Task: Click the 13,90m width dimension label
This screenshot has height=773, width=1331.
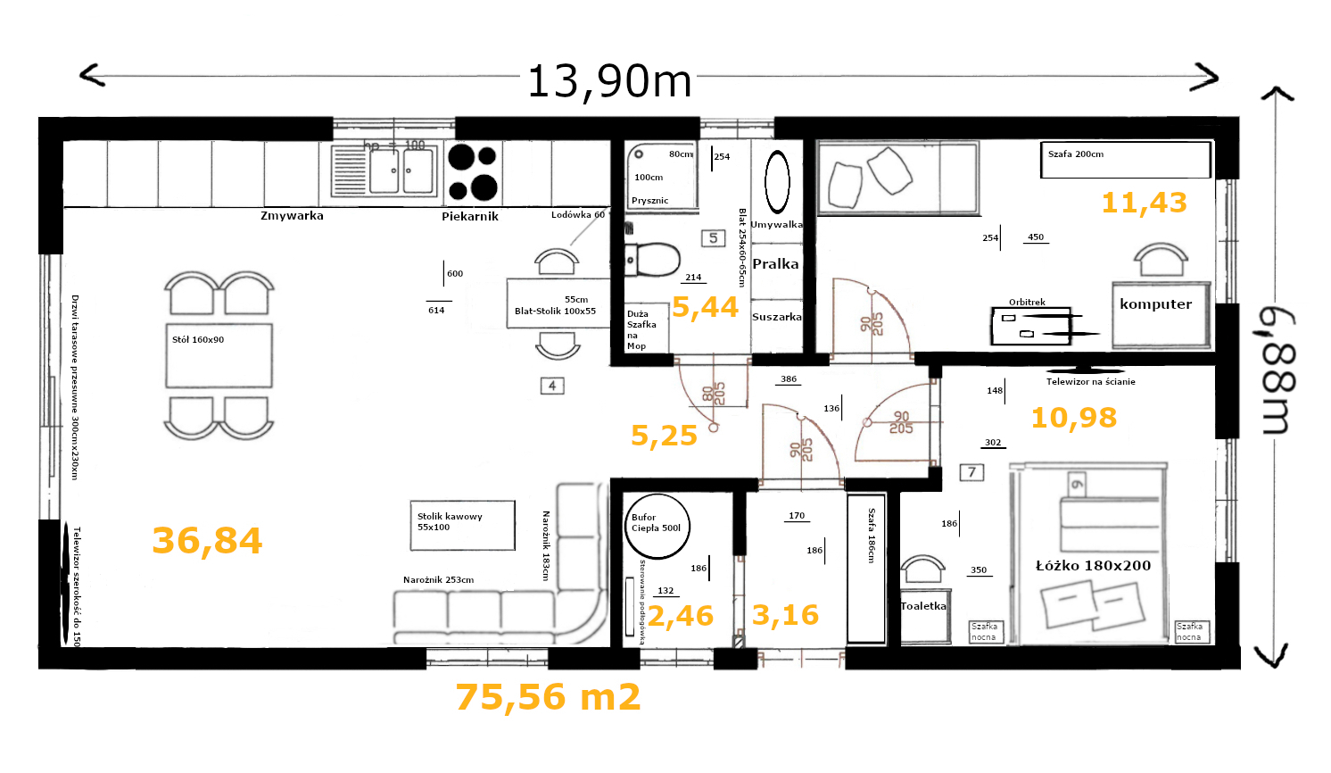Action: pyautogui.click(x=609, y=81)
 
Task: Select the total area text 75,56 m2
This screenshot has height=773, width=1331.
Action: pyautogui.click(x=548, y=697)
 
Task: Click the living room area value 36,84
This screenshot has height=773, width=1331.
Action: pyautogui.click(x=207, y=540)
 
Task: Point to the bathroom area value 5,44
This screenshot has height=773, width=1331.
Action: pyautogui.click(x=705, y=307)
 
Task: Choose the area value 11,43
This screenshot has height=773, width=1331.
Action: pyautogui.click(x=1144, y=203)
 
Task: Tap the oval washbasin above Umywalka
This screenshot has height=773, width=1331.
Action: pyautogui.click(x=777, y=181)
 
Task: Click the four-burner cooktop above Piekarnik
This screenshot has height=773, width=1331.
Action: pyautogui.click(x=473, y=172)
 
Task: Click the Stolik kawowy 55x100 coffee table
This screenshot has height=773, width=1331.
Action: pyautogui.click(x=462, y=525)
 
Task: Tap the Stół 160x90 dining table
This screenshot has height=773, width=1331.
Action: pyautogui.click(x=219, y=355)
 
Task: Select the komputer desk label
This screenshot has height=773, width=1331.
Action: pyautogui.click(x=1155, y=304)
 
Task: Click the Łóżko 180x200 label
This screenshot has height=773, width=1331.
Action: pyautogui.click(x=1093, y=565)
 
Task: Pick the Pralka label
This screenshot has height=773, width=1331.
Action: pyautogui.click(x=775, y=263)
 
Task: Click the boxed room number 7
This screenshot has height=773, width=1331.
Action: pyautogui.click(x=971, y=472)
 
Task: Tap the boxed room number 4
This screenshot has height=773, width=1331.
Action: pyautogui.click(x=552, y=386)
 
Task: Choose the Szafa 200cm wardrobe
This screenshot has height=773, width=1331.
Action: pyautogui.click(x=1125, y=160)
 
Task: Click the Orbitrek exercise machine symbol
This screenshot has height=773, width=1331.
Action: pyautogui.click(x=1035, y=326)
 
